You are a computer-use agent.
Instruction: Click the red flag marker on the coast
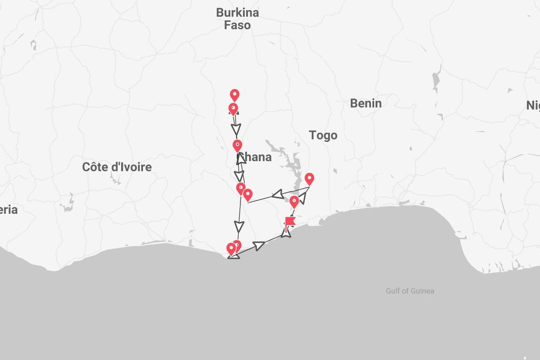(x=290, y=222)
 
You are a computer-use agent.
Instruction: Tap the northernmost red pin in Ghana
(x=235, y=95)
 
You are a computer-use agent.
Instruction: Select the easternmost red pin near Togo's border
(x=309, y=179)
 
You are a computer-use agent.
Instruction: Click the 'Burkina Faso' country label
(x=237, y=19)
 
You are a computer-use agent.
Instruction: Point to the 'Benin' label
(x=365, y=103)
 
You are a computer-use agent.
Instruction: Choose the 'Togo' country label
(x=323, y=135)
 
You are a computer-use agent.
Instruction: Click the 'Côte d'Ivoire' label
(x=117, y=167)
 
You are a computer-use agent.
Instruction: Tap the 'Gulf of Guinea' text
(x=410, y=291)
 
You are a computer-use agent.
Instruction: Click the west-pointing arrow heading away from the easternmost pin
(x=278, y=194)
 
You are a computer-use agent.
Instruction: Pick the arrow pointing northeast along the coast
(x=259, y=245)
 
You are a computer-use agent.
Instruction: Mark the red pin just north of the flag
(x=294, y=201)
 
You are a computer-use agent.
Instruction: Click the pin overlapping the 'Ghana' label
(x=238, y=145)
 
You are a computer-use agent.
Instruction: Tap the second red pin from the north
(x=233, y=108)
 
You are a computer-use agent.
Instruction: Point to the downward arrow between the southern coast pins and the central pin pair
(x=239, y=226)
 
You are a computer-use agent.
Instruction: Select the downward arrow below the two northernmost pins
(x=236, y=128)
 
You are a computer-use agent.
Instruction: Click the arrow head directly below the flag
(x=286, y=233)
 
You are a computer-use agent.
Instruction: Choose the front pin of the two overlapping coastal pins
(x=231, y=249)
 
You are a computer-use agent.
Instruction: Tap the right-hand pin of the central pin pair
(x=248, y=195)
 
